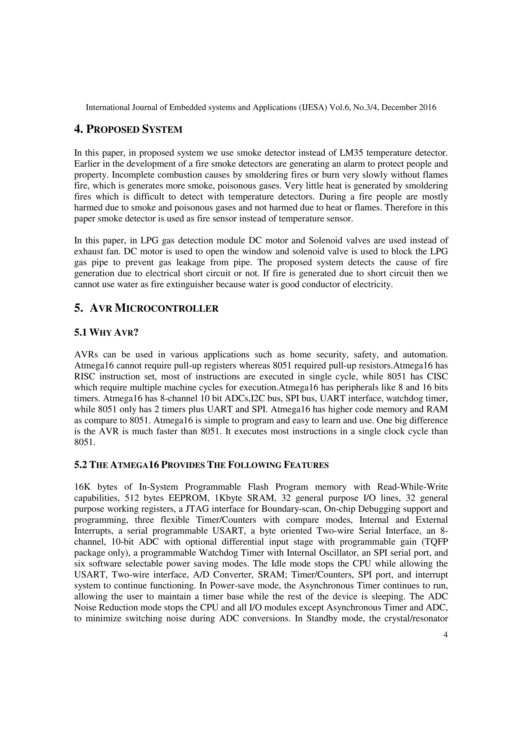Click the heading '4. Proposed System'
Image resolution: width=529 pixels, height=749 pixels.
[x=128, y=129]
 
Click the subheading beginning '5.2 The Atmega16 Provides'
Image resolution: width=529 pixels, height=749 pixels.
[x=201, y=465]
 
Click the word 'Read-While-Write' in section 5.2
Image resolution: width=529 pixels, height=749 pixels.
[x=412, y=487]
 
